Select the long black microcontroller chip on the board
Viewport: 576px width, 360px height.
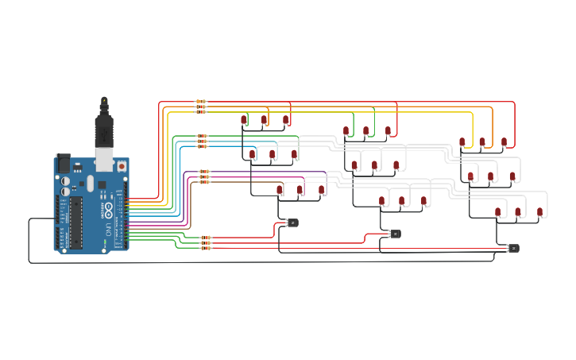pos(75,220)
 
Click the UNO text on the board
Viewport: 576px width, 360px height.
pos(109,229)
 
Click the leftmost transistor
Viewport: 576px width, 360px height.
pos(292,223)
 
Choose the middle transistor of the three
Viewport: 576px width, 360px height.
pos(395,234)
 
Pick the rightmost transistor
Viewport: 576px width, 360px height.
pos(513,248)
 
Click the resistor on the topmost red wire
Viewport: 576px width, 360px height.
pos(200,103)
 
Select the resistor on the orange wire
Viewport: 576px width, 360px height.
pos(200,107)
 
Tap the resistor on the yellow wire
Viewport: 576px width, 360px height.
pos(200,112)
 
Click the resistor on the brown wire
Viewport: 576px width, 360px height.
pos(204,182)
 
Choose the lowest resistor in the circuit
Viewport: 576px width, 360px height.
pos(205,248)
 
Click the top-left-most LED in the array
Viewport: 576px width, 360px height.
pos(244,120)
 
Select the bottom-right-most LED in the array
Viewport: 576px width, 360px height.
pos(539,211)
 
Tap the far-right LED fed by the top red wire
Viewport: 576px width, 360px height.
pos(504,142)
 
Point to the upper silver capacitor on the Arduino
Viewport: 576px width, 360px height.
pos(64,180)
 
